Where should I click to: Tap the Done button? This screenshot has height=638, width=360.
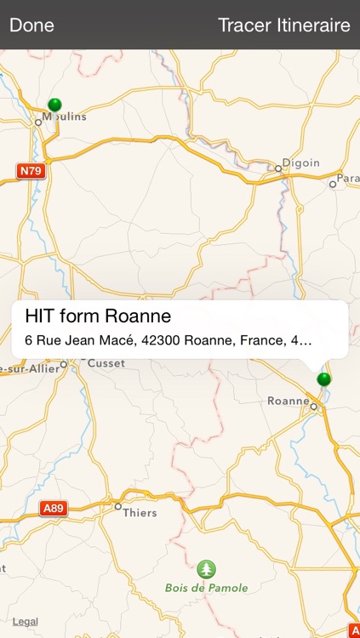[x=31, y=25]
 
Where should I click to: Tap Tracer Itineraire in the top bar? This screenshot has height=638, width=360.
[x=283, y=25]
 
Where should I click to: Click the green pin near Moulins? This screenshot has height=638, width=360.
[x=54, y=105]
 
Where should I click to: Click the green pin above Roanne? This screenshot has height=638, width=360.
[x=323, y=379]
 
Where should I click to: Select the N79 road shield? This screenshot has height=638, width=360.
[x=29, y=171]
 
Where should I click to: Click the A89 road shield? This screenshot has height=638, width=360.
[x=53, y=509]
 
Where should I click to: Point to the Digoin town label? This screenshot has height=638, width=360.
[x=303, y=162]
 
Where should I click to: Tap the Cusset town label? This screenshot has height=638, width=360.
[x=106, y=363]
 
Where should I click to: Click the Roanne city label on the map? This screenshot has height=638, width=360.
[x=288, y=401]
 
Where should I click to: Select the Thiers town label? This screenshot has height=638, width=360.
[x=140, y=512]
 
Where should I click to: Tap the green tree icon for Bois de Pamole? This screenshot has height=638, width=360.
[x=206, y=569]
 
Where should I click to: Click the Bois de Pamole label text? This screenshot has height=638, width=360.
[x=207, y=588]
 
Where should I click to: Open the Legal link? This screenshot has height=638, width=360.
[x=25, y=622]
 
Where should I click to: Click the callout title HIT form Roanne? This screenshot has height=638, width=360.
[x=99, y=316]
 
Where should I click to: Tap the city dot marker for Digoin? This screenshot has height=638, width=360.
[x=278, y=168]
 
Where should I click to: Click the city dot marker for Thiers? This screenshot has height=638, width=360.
[x=118, y=506]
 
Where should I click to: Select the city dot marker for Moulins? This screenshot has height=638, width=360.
[x=38, y=122]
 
